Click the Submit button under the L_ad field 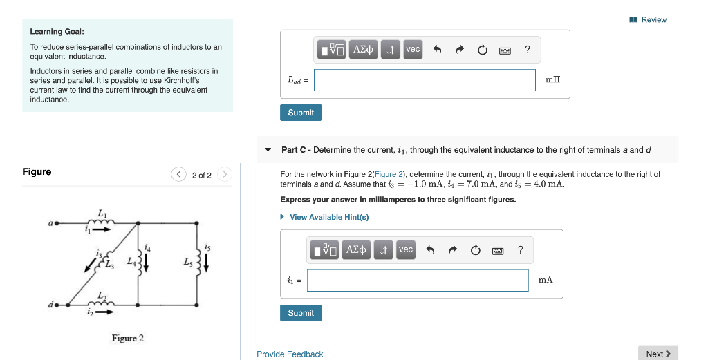[x=301, y=113]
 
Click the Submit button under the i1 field [x=301, y=313]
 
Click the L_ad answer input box [x=425, y=80]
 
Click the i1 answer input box [x=418, y=281]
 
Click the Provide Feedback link [x=290, y=354]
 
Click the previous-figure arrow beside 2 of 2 [x=179, y=175]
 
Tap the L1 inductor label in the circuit [x=102, y=212]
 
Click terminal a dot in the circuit [x=57, y=223]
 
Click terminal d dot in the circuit [x=57, y=304]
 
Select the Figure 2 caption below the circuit [x=128, y=338]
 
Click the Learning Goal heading [x=57, y=32]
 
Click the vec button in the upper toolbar [x=413, y=49]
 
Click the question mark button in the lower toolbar [x=520, y=249]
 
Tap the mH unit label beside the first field [x=552, y=79]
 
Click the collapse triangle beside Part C [x=268, y=150]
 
